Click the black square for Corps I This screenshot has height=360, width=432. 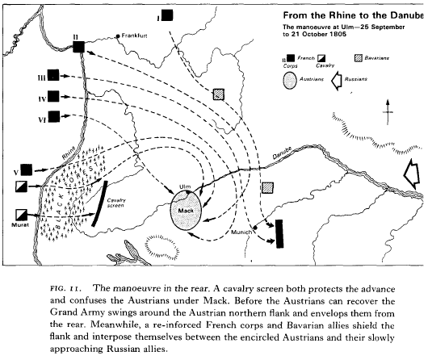click(x=167, y=15)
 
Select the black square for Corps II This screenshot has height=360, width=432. click(x=79, y=47)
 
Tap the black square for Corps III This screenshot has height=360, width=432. click(x=53, y=75)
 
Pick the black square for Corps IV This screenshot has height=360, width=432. click(x=53, y=96)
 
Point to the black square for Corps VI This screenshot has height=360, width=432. click(x=54, y=116)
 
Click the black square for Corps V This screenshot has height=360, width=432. click(x=27, y=170)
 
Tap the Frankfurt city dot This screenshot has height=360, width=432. click(x=118, y=36)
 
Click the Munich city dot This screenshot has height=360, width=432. click(x=255, y=228)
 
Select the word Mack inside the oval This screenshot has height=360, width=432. click(x=186, y=211)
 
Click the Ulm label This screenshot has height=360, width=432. click(x=185, y=187)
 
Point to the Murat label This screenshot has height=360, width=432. click(x=20, y=225)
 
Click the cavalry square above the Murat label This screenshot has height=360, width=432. click(x=22, y=215)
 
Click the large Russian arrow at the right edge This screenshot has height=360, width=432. click(x=412, y=174)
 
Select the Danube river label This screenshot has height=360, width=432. click(x=282, y=153)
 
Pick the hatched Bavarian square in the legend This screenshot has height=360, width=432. click(x=359, y=58)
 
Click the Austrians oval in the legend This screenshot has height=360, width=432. click(x=290, y=81)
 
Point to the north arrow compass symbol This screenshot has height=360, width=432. click(x=388, y=112)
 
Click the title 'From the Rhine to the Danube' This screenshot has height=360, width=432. click(x=353, y=15)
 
